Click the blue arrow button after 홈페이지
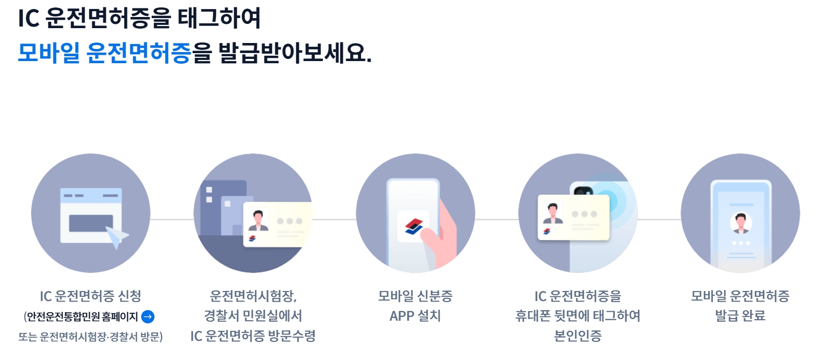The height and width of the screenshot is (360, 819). [148, 317]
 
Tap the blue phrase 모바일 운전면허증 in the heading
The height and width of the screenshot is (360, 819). [104, 53]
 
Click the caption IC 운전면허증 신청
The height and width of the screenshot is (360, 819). [90, 296]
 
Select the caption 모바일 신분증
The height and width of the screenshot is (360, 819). [415, 296]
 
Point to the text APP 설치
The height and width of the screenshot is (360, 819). [415, 316]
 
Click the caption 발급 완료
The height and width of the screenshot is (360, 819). [740, 316]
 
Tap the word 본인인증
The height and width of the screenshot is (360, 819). [577, 336]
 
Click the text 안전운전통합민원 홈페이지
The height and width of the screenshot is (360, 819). [83, 317]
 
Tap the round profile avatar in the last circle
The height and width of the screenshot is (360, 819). [740, 222]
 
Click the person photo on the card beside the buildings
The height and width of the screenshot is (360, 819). [258, 219]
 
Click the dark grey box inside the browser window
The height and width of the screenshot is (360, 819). [91, 223]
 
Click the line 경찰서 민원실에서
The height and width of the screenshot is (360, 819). [253, 316]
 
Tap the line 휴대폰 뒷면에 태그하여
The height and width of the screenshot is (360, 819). [577, 316]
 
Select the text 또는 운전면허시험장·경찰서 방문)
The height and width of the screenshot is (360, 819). [90, 337]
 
